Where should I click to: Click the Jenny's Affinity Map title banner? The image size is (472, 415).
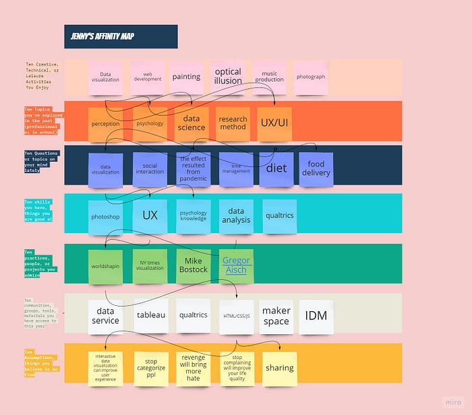(x=121, y=36)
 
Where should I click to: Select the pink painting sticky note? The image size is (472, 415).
(x=186, y=77)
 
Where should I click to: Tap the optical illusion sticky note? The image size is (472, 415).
(x=228, y=76)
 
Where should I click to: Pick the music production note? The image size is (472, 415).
(x=269, y=77)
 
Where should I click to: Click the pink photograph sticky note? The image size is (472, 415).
(x=311, y=77)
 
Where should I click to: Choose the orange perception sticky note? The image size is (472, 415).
(x=105, y=124)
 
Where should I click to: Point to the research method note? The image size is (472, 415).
(x=233, y=123)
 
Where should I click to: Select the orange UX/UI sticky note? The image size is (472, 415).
(x=274, y=124)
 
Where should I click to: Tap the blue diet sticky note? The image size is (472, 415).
(x=276, y=168)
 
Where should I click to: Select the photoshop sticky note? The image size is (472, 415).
(x=105, y=217)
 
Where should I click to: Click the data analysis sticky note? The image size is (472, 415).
(x=236, y=216)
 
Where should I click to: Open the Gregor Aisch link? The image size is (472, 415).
(x=236, y=265)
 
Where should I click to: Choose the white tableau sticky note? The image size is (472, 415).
(x=151, y=315)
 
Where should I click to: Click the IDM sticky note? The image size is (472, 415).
(x=316, y=315)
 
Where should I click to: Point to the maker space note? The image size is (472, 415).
(x=276, y=315)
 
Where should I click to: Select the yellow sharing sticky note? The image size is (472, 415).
(x=279, y=368)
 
